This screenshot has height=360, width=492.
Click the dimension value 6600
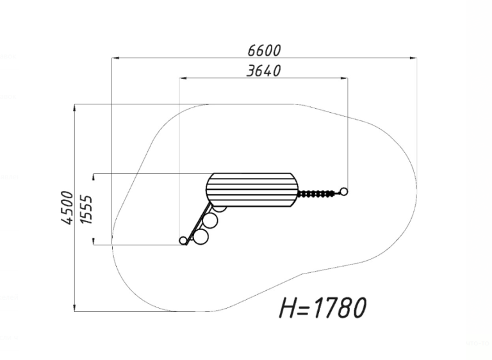(x=264, y=51)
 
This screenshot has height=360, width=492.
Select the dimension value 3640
(x=263, y=71)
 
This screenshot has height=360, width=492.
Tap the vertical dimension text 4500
(x=67, y=208)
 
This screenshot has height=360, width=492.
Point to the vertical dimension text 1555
(x=86, y=209)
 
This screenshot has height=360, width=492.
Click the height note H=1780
(x=323, y=307)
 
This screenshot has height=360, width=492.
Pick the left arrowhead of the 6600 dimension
(x=115, y=58)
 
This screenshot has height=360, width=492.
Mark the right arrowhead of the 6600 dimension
(x=413, y=58)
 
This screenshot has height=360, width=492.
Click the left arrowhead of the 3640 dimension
(x=183, y=78)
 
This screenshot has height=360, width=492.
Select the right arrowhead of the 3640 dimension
(x=344, y=78)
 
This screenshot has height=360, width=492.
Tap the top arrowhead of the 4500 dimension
(x=74, y=108)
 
